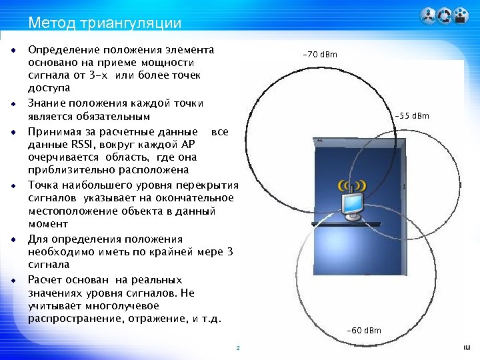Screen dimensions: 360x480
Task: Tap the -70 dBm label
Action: [x=320, y=54]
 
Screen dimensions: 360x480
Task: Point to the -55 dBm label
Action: [x=412, y=117]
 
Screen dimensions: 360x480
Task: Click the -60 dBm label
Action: [x=364, y=331]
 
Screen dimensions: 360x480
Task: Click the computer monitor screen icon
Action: [x=352, y=205]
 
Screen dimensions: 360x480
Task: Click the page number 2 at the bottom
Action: [x=237, y=349]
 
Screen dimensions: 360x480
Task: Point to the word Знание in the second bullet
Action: [x=45, y=103]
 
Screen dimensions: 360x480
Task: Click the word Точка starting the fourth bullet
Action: [x=43, y=185]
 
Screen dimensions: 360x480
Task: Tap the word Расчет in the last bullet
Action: [x=45, y=279]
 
